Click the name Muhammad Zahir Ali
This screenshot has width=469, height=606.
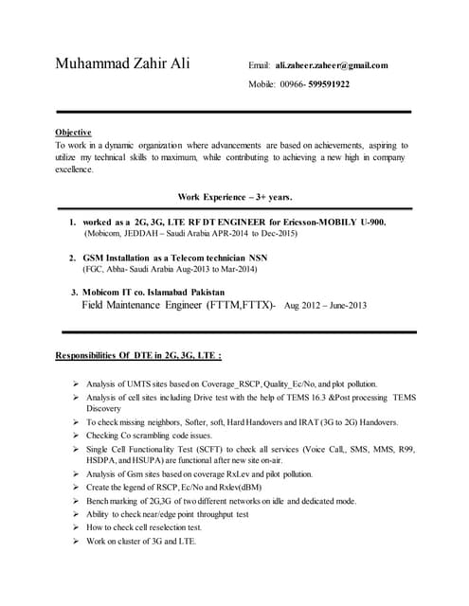(x=122, y=64)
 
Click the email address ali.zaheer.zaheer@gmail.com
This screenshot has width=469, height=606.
(x=332, y=65)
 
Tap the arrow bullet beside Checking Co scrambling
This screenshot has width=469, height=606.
(x=75, y=434)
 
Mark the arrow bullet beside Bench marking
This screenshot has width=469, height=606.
(x=75, y=500)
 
